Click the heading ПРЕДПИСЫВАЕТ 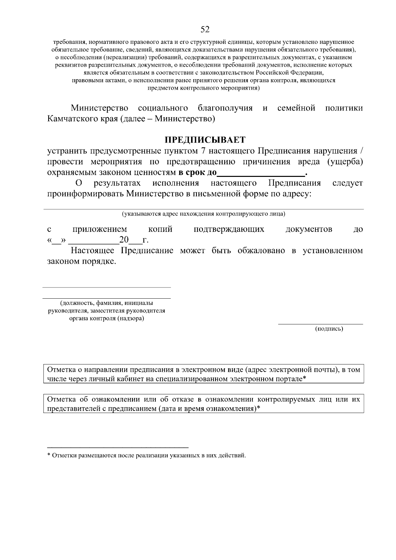coord(205,140)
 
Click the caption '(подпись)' coord(329,329)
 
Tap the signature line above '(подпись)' coord(320,324)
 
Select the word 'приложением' coord(100,229)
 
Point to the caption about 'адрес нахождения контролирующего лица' coord(204,214)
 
